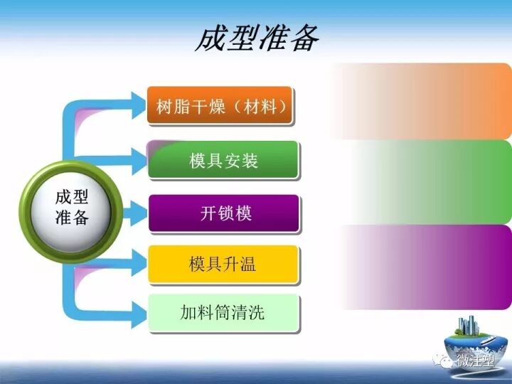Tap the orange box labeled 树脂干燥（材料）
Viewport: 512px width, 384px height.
tap(220, 106)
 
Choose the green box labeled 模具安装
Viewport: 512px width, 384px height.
tap(223, 160)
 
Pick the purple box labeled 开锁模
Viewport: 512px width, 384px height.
tap(223, 213)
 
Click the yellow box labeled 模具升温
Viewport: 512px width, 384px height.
tap(223, 265)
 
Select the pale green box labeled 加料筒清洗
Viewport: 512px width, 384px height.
tap(223, 312)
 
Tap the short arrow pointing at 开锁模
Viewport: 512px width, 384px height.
tap(132, 211)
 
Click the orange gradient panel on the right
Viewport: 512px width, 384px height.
tap(427, 101)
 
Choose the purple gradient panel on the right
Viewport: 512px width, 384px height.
tap(427, 267)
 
